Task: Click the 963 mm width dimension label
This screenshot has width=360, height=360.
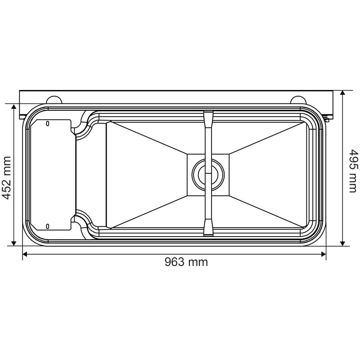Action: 186,262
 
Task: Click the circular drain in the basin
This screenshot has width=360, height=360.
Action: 207,173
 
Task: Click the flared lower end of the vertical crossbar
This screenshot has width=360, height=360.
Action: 207,228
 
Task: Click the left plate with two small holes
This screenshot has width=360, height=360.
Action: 52,174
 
